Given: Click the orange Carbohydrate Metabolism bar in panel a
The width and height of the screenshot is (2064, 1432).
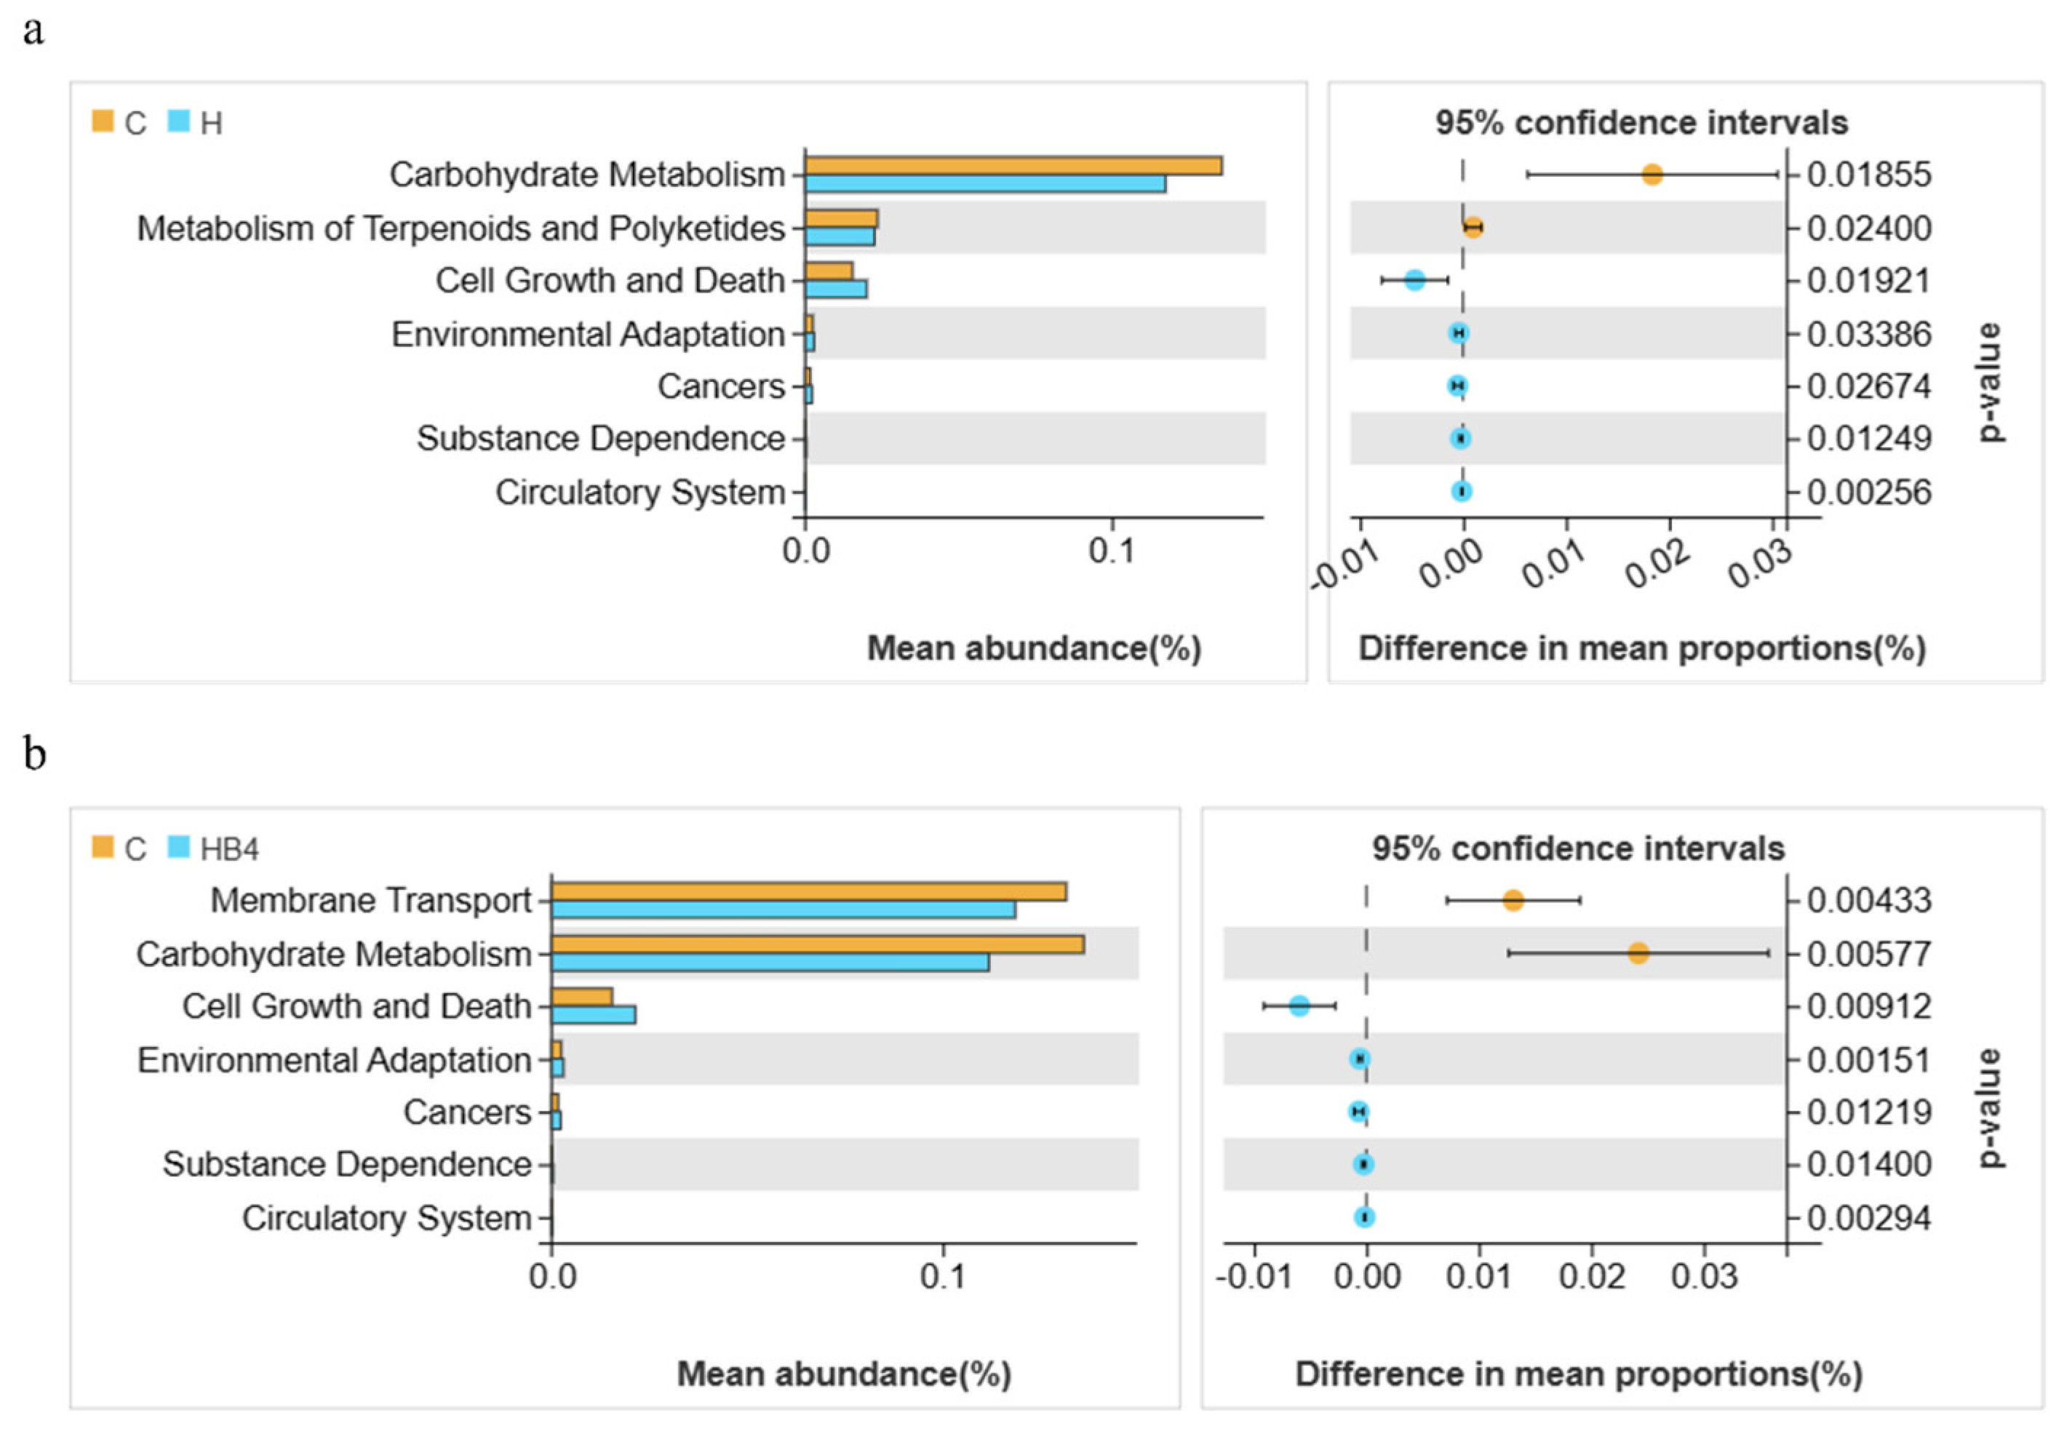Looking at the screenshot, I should coord(1013,166).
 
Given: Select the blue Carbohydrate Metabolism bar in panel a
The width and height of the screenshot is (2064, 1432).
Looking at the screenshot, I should coord(985,184).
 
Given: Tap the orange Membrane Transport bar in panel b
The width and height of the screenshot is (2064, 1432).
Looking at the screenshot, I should coord(808,891).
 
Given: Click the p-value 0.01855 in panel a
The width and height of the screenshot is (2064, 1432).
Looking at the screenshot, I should coord(1868,174).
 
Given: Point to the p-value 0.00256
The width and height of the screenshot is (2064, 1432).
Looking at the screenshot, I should coord(1868,492).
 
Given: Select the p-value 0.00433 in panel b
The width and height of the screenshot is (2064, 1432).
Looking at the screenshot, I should coord(1868,900).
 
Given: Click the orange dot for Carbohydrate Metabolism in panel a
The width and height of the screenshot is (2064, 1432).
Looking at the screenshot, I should coord(1652,175).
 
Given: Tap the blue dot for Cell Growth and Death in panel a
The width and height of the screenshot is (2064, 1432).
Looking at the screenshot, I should coord(1414,280).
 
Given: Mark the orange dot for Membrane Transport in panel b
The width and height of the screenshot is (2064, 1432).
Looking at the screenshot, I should coord(1513,900).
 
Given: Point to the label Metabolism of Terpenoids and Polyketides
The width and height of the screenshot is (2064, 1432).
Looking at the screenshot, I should coord(460,228).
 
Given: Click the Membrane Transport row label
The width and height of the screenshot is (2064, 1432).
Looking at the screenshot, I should coord(370,900).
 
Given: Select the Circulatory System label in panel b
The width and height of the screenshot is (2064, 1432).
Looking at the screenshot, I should coord(386,1217).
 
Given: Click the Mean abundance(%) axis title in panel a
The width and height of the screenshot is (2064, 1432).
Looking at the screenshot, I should coord(1033,648).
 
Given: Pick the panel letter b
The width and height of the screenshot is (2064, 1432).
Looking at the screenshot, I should coord(34,754).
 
